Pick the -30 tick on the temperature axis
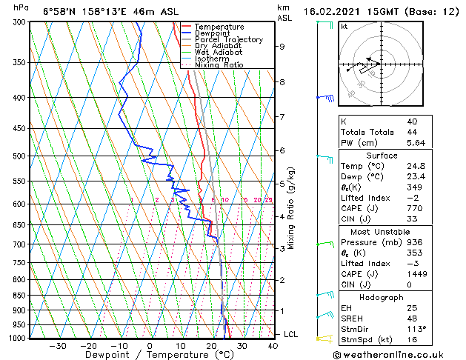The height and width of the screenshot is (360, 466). coord(57,345)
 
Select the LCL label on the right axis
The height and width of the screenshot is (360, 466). coord(291,335)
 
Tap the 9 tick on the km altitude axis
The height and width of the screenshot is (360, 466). coord(282,47)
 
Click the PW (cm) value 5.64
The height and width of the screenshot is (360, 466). coord(416,144)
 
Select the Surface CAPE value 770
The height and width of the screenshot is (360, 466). coord(413,209)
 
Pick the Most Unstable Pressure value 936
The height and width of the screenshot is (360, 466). coord(413,241)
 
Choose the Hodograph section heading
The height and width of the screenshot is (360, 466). coord(382,296)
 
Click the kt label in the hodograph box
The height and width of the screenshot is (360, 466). coord(344,26)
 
